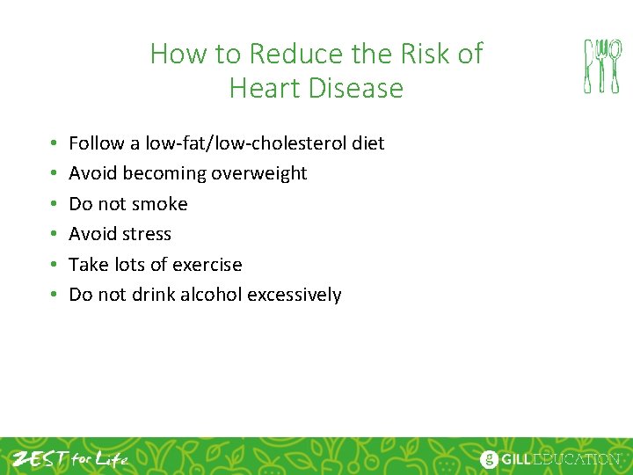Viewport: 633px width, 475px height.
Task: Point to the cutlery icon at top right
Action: [602, 66]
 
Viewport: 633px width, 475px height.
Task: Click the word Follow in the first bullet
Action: [94, 142]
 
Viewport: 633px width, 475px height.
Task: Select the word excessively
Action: [295, 295]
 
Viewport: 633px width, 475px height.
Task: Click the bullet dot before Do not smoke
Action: [53, 204]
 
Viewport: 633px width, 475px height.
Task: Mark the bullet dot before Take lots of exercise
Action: [53, 265]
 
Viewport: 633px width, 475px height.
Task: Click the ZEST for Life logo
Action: [70, 458]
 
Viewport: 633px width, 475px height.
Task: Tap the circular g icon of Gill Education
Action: [489, 459]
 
